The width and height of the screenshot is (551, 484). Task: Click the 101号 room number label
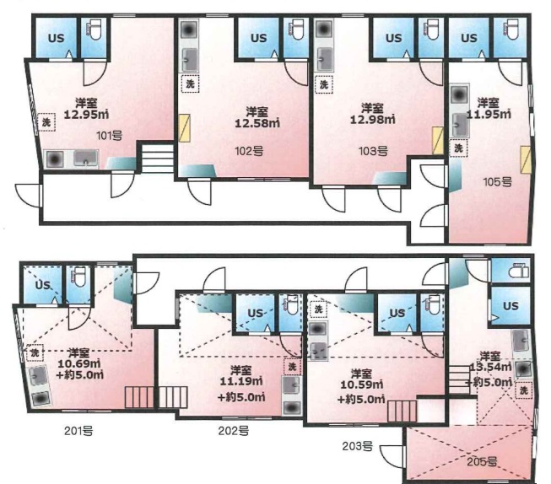pyautogui.click(x=110, y=135)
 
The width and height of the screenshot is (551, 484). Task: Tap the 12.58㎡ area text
pyautogui.click(x=257, y=123)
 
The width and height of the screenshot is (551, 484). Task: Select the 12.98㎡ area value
pyautogui.click(x=372, y=119)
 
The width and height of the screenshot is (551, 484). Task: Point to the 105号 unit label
pyautogui.click(x=497, y=182)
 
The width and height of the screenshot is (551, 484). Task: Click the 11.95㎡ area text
pyautogui.click(x=489, y=114)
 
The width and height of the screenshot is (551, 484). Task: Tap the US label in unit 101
pyautogui.click(x=57, y=38)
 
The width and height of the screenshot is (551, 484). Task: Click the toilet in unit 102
pyautogui.click(x=296, y=30)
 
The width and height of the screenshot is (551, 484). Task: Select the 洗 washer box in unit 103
pyautogui.click(x=324, y=84)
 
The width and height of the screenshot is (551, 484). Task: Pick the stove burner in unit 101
pyautogui.click(x=55, y=159)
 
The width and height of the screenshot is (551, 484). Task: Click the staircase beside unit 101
pyautogui.click(x=157, y=157)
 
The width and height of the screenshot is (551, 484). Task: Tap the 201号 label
pyautogui.click(x=78, y=430)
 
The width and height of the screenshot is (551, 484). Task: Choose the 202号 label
pyautogui.click(x=234, y=430)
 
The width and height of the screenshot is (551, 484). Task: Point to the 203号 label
pyautogui.click(x=358, y=446)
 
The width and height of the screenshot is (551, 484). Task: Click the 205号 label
pyautogui.click(x=482, y=461)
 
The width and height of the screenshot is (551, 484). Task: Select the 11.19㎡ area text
pyautogui.click(x=241, y=381)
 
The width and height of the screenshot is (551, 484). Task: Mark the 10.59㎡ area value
pyautogui.click(x=362, y=385)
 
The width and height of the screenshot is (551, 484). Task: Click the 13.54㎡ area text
pyautogui.click(x=490, y=367)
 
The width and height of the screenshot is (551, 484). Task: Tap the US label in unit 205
pyautogui.click(x=510, y=305)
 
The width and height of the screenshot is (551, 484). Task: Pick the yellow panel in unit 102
pyautogui.click(x=185, y=128)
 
